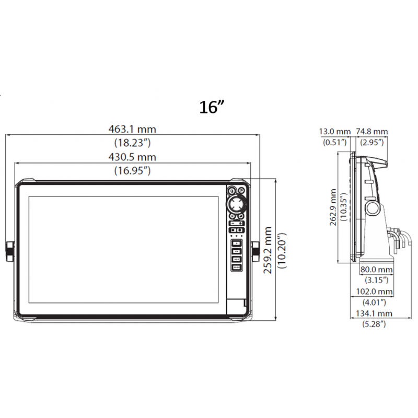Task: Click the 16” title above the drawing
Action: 212,107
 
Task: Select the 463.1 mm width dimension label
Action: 132,129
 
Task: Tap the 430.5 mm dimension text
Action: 132,157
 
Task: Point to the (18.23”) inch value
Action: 133,143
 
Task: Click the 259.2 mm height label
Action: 268,250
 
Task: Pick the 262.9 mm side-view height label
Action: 333,207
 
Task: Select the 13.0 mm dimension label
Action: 335,132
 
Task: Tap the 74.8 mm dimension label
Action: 372,132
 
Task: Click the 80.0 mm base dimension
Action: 376,270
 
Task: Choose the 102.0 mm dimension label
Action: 374,292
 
